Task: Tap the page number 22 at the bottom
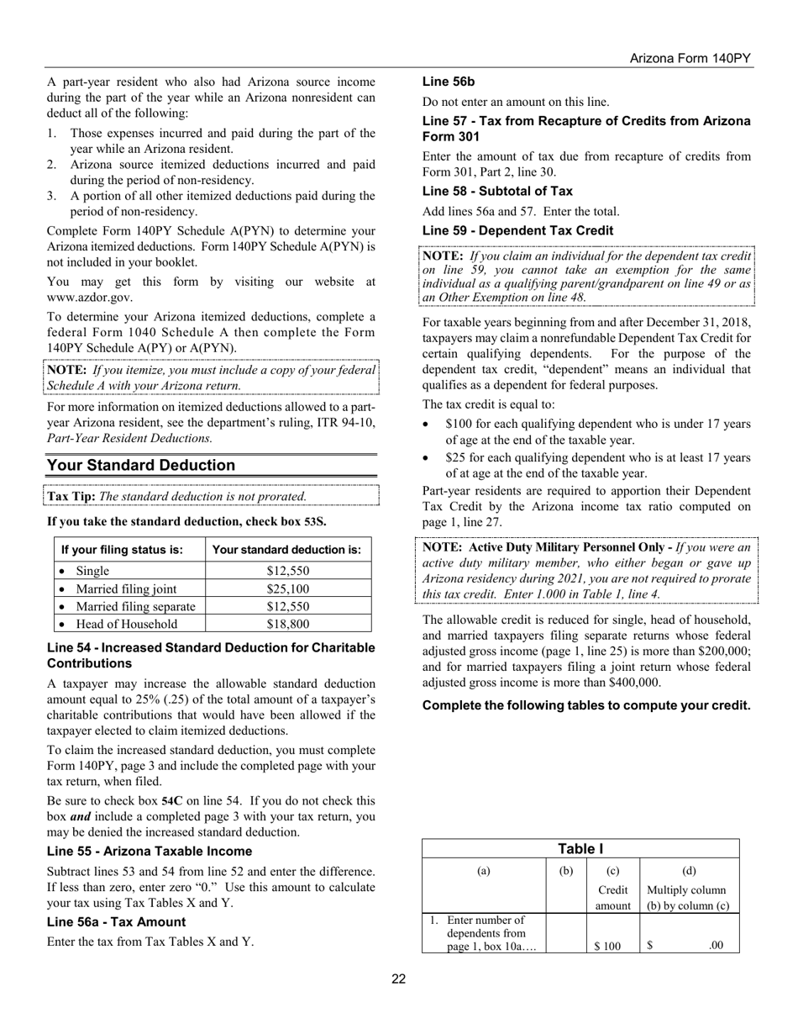point(398,978)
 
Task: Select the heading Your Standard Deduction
point(141,466)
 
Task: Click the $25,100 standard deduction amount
point(287,588)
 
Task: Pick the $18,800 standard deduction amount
point(287,624)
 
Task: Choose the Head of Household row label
point(126,624)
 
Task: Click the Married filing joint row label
point(126,588)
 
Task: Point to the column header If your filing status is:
point(122,550)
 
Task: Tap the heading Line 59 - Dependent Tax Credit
point(517,230)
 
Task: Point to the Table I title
point(580,849)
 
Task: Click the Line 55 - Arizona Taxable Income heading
point(137,851)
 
